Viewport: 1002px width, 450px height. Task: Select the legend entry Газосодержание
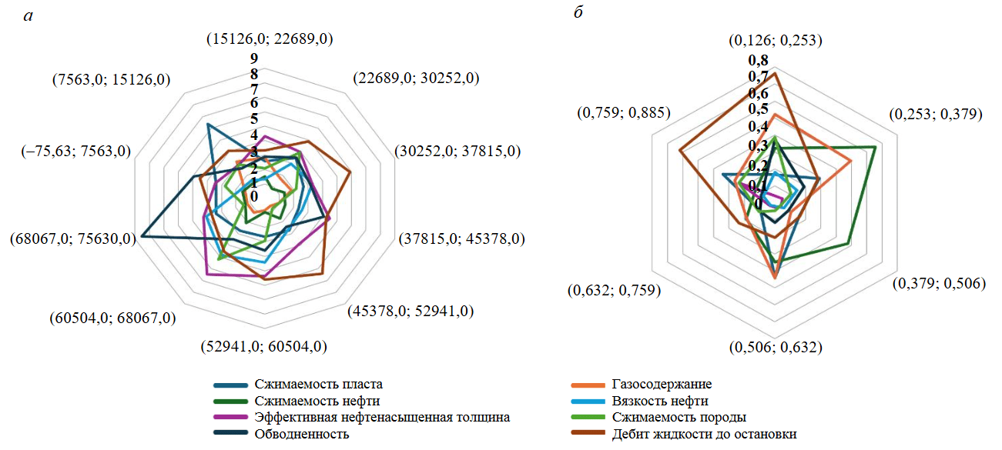[662, 385]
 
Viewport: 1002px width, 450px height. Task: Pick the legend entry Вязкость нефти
[660, 401]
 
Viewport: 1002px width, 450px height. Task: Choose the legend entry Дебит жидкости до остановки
[704, 434]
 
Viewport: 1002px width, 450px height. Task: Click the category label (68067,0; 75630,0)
[73, 238]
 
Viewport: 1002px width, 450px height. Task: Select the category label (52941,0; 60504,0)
[263, 346]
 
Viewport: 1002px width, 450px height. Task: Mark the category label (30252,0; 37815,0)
[457, 152]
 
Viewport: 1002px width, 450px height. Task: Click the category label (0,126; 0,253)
[776, 40]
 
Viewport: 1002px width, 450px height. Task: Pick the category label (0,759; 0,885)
[623, 113]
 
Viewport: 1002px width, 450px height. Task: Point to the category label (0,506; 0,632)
[776, 347]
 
